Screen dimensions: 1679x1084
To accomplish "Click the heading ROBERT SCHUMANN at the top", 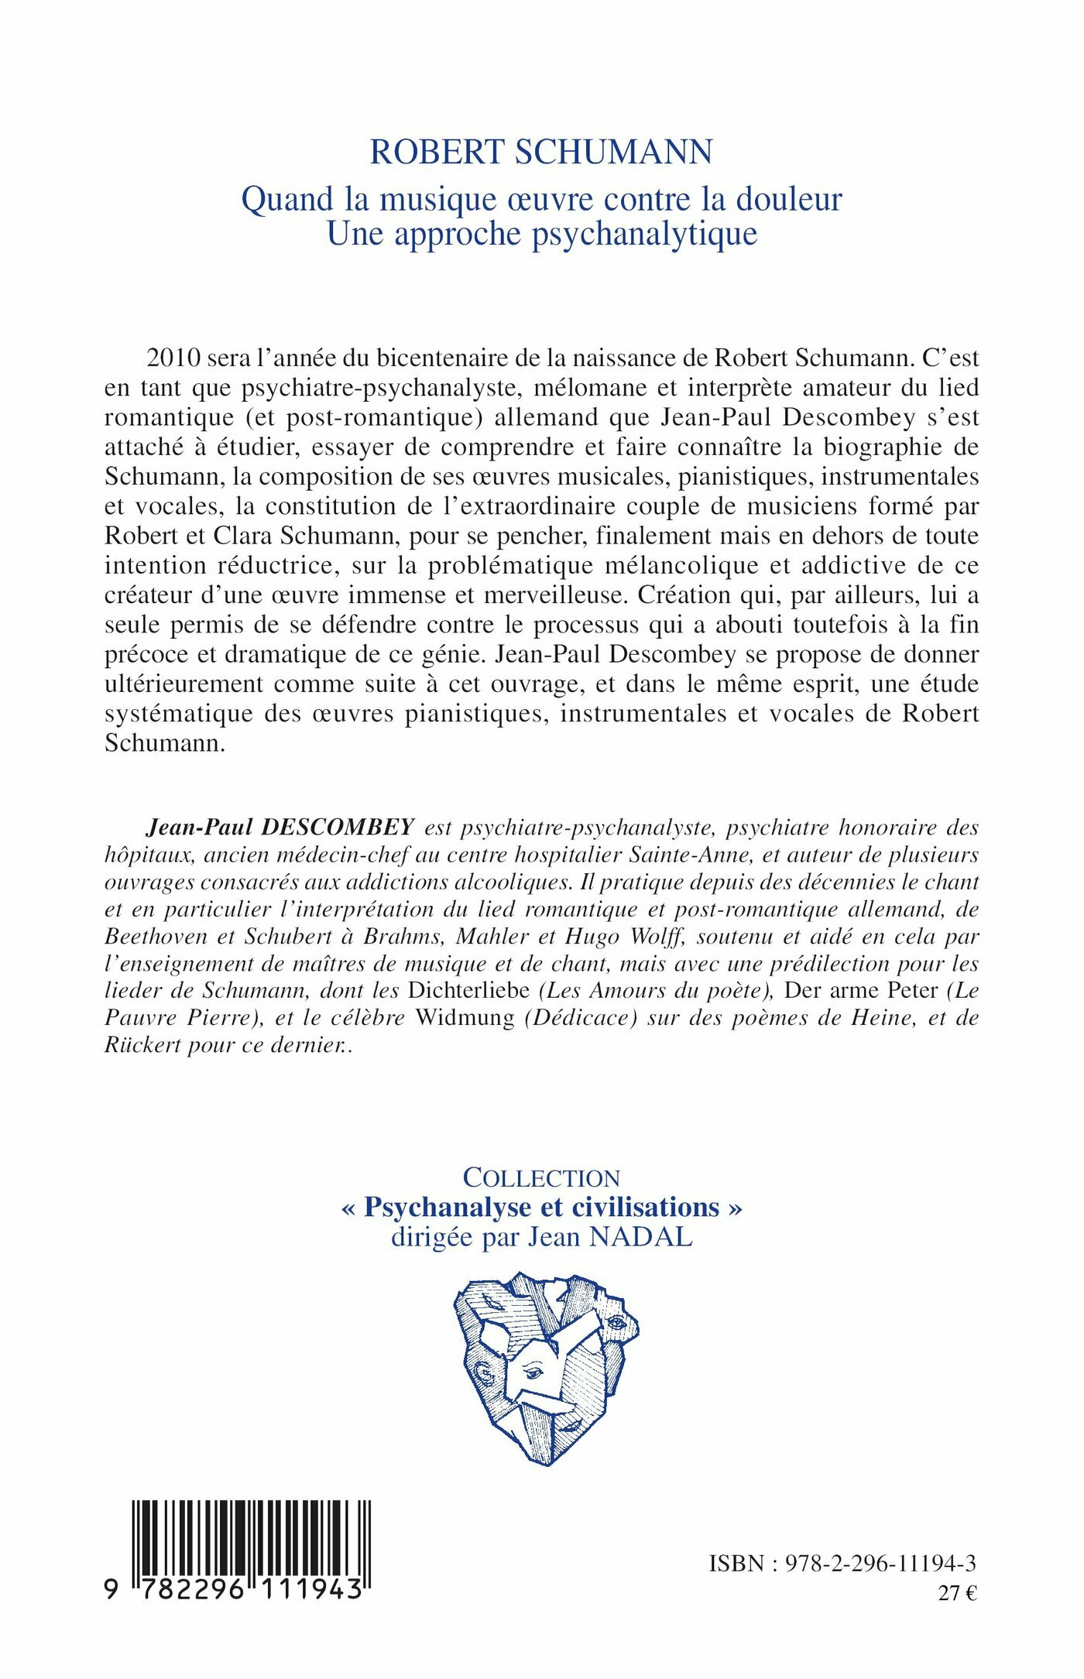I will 541,152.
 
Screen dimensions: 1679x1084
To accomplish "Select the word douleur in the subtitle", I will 788,200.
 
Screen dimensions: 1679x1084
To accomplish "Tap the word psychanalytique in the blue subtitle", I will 644,234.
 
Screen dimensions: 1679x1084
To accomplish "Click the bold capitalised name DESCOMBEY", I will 338,827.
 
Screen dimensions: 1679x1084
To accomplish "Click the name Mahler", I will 492,936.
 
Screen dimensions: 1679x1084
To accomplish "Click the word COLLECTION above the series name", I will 541,1177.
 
